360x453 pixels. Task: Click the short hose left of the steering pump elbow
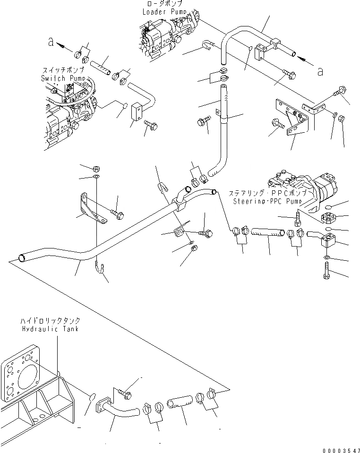point(267,232)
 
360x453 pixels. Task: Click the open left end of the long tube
point(20,257)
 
